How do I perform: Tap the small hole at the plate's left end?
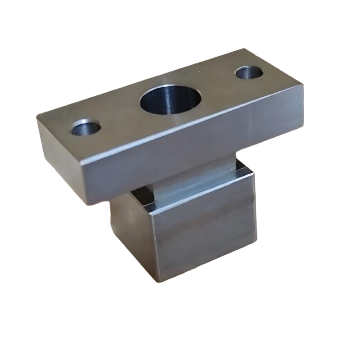(x=86, y=127)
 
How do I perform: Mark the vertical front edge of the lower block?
(x=153, y=247)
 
